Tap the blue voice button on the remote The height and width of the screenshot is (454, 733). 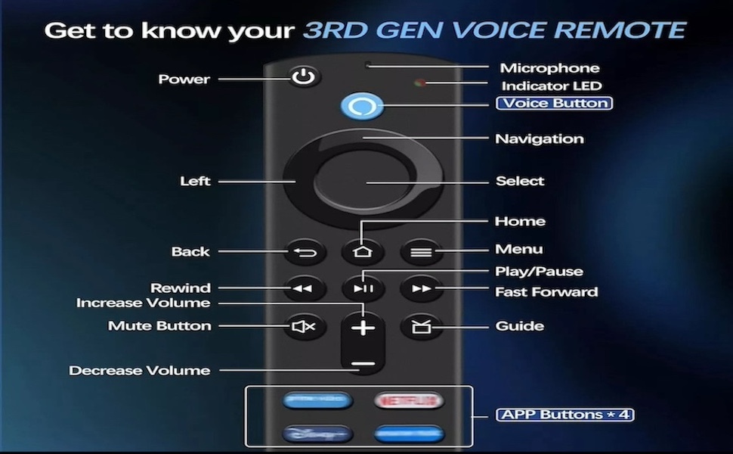pyautogui.click(x=362, y=105)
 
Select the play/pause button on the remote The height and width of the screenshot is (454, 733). pyautogui.click(x=363, y=288)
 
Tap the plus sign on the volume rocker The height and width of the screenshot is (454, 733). pyautogui.click(x=363, y=327)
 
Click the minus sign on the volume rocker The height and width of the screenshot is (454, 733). pyautogui.click(x=363, y=364)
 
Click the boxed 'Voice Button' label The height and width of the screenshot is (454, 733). pyautogui.click(x=554, y=103)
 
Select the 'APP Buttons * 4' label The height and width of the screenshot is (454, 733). pyautogui.click(x=564, y=415)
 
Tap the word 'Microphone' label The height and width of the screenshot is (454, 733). pyautogui.click(x=549, y=68)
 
